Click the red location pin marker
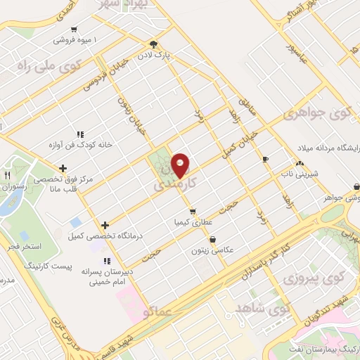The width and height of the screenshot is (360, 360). point(181,165)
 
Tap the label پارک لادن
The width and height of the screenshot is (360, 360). point(165,53)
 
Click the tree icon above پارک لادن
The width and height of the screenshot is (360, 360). point(164,43)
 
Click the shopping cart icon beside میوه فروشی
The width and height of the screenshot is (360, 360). point(74,30)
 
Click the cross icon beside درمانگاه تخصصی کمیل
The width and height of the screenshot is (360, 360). point(105,226)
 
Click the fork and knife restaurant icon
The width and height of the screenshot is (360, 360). point(8,174)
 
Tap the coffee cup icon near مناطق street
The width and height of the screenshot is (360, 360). point(265,160)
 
